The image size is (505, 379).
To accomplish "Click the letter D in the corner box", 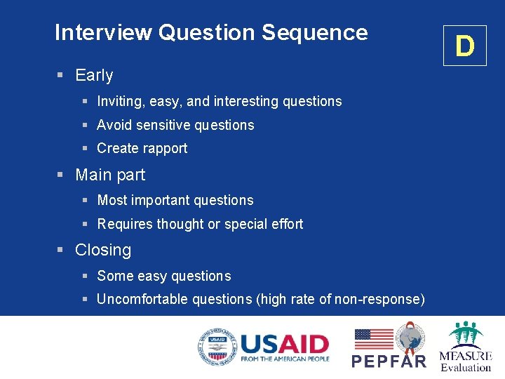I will [464, 46].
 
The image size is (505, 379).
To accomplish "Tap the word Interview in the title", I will [104, 33].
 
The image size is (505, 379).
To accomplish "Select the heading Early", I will [94, 75].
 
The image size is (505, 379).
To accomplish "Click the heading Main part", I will [110, 175].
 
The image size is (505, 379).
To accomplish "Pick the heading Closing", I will [103, 251].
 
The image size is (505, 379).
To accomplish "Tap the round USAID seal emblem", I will [216, 347].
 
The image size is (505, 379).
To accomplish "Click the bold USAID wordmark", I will [284, 344].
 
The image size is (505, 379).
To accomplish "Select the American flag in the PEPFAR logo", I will [374, 340].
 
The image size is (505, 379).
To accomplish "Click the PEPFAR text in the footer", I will [389, 361].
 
